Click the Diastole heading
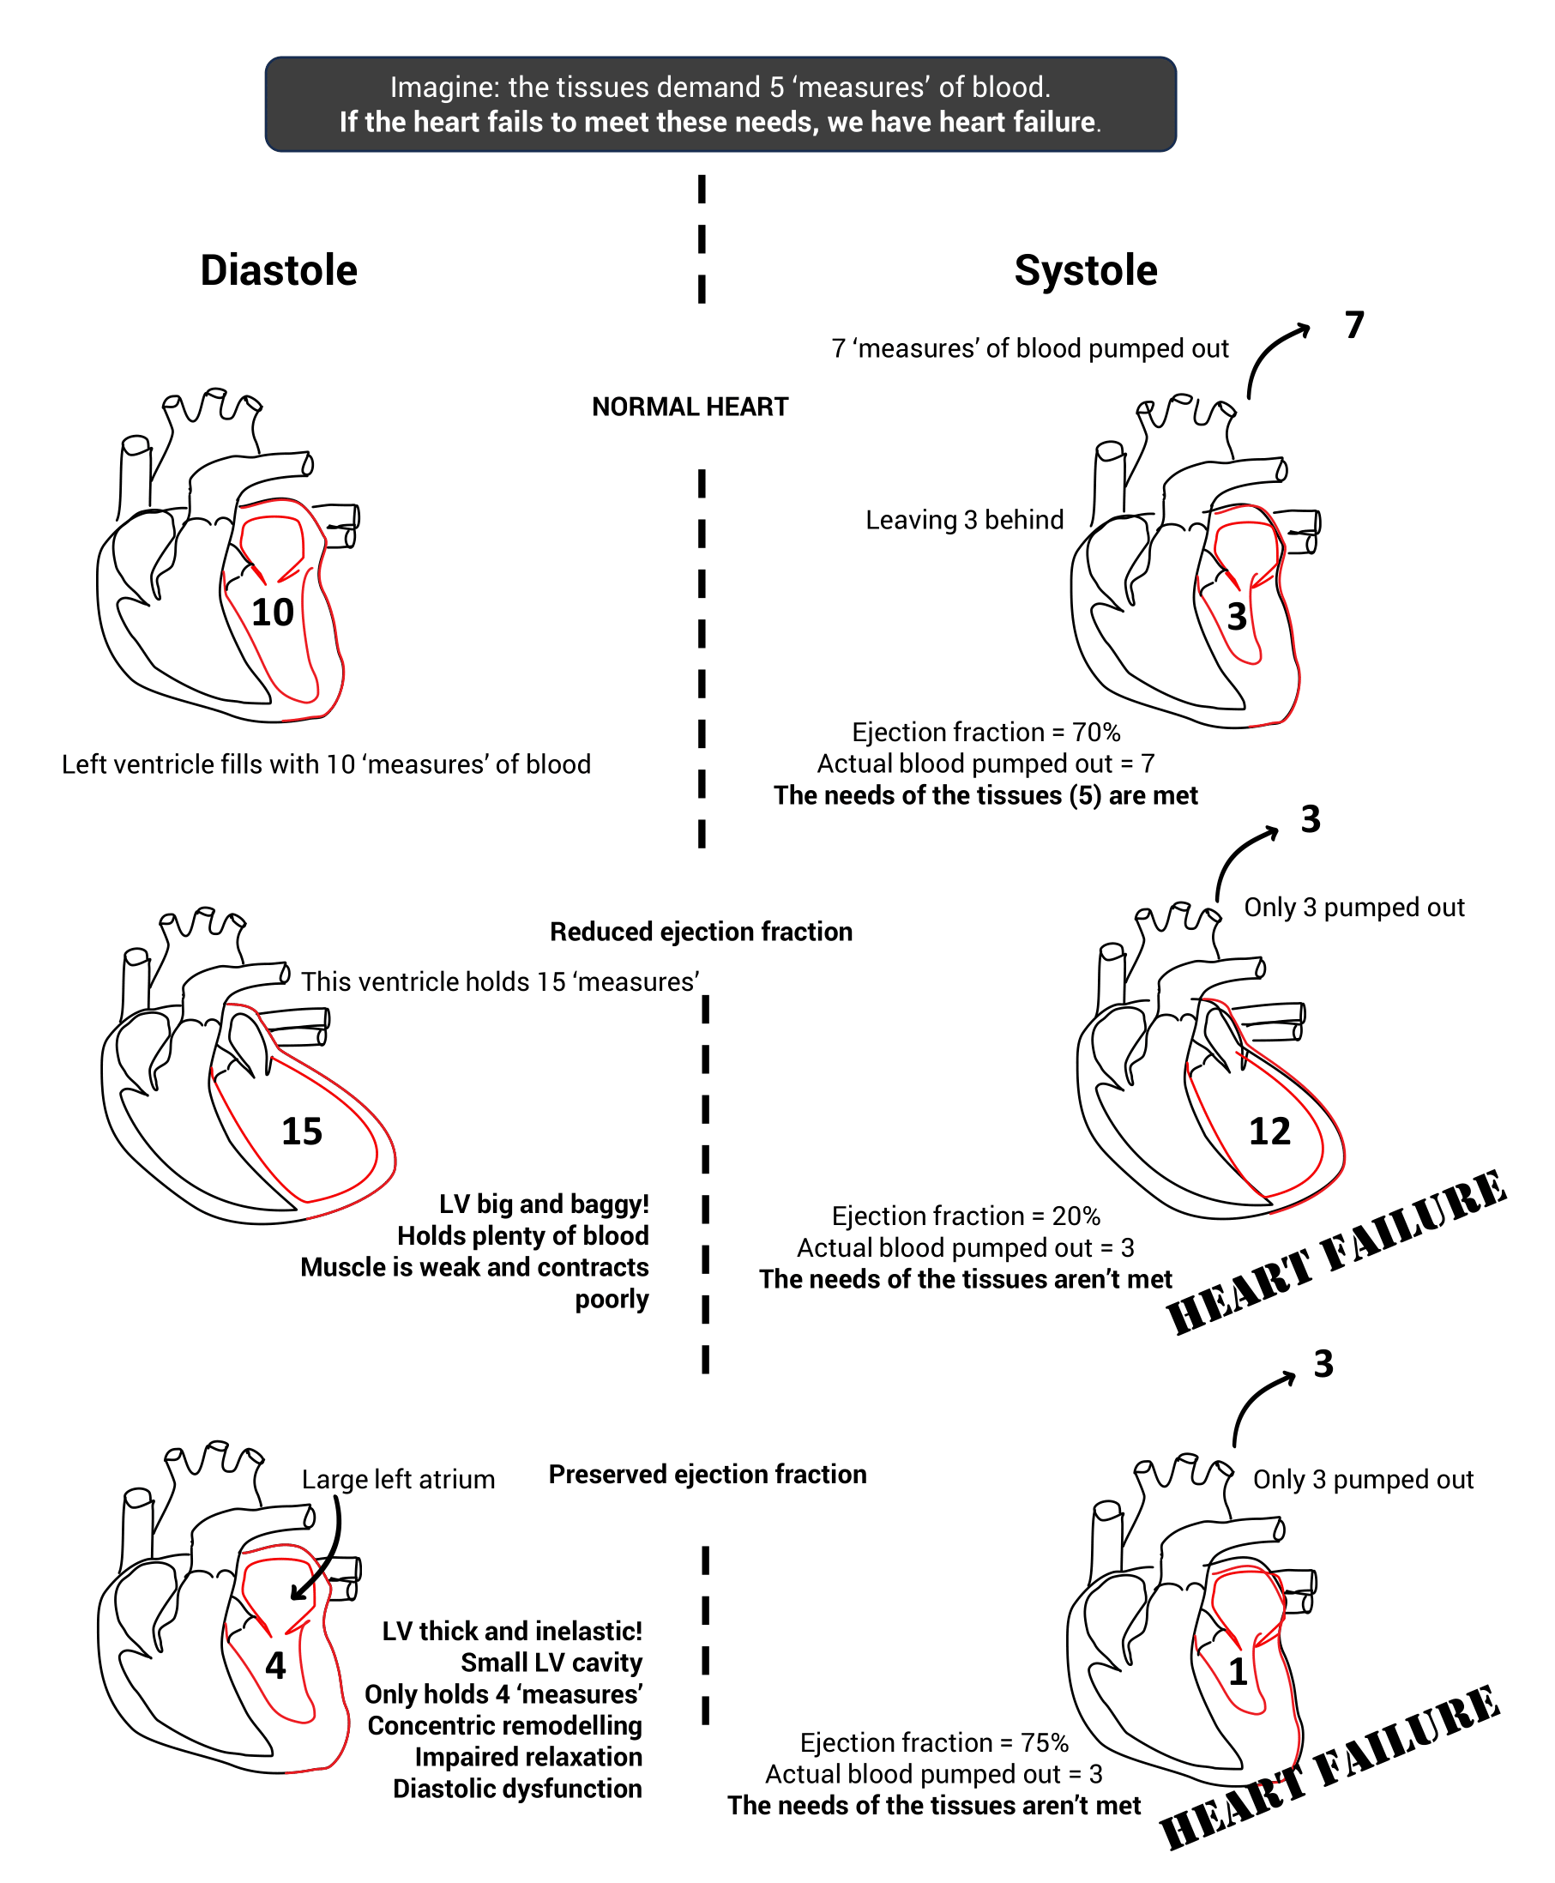coord(279,270)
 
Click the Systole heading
coord(1085,270)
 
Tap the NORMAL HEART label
coord(690,407)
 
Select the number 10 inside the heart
coord(272,613)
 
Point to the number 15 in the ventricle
coord(302,1132)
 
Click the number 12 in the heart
coord(1269,1132)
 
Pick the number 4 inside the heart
coord(275,1665)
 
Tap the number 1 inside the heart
coord(1237,1672)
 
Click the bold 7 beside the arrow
coord(1353,325)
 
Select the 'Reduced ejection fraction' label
coord(701,932)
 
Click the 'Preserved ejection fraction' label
coord(707,1475)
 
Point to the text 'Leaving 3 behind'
coord(964,520)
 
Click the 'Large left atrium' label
coord(398,1479)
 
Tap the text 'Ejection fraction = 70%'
coord(985,732)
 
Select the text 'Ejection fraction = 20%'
coord(966,1216)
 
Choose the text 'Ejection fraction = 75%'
coord(933,1742)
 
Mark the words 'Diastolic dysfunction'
coord(517,1788)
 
